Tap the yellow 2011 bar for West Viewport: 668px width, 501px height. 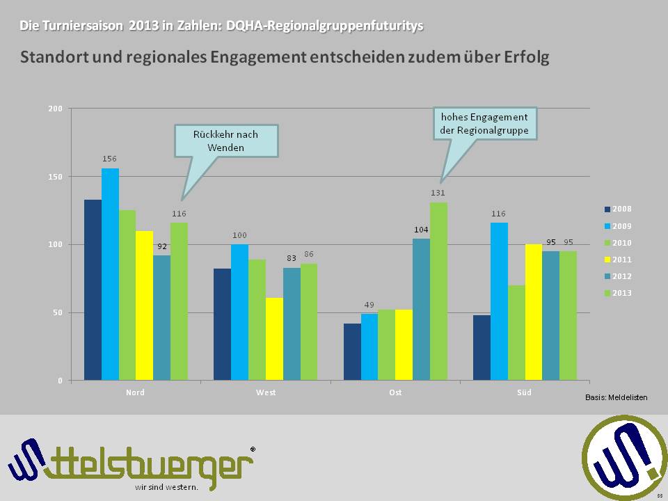tap(274, 338)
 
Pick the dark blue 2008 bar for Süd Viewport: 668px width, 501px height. tap(482, 347)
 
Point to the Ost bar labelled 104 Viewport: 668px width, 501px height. tap(421, 309)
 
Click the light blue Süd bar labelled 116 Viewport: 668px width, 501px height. tap(499, 301)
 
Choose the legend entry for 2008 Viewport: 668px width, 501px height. tap(618, 209)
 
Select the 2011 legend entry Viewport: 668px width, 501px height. tap(618, 260)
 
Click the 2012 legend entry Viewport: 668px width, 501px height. tap(618, 276)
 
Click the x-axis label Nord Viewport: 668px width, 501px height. tap(135, 392)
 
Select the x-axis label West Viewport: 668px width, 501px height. tap(265, 392)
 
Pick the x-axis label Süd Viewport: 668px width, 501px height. tap(525, 392)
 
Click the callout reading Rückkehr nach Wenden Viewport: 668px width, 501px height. tap(225, 140)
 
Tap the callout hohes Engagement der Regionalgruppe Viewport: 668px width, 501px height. tap(484, 124)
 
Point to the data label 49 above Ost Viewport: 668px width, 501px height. tap(369, 304)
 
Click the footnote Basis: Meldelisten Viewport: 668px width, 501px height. tap(616, 397)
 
